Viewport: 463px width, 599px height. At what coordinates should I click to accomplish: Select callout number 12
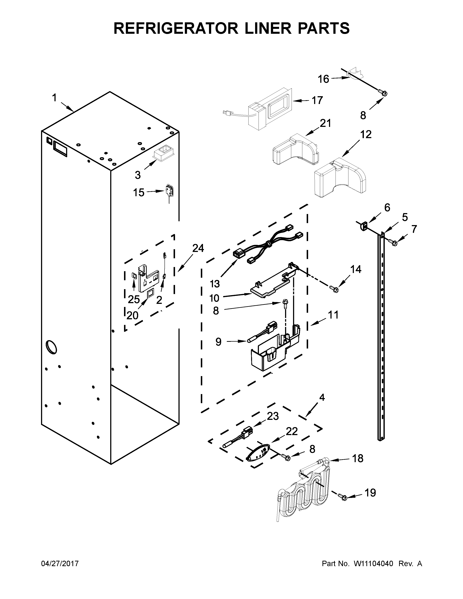(x=366, y=134)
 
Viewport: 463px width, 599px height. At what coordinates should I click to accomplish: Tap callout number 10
(x=214, y=298)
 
